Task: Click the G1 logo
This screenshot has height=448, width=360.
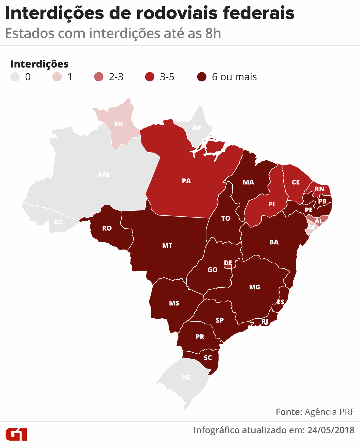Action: tap(16, 434)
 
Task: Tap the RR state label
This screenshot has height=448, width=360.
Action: tap(118, 124)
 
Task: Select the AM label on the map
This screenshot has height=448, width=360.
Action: tap(103, 175)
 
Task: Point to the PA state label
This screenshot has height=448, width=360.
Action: tap(186, 181)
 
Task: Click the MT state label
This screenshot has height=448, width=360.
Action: tap(167, 246)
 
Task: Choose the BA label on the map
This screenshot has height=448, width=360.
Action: tap(274, 242)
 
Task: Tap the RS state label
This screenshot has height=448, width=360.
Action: tap(186, 377)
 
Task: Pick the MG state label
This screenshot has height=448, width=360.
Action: tap(255, 287)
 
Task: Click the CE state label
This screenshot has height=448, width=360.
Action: tap(296, 182)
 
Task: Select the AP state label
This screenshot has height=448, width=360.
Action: tap(196, 128)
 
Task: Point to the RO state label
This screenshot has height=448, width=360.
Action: tap(107, 228)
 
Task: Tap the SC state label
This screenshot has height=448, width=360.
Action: tap(208, 358)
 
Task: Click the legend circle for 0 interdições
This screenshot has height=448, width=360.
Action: tap(15, 77)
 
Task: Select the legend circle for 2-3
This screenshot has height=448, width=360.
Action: tap(99, 77)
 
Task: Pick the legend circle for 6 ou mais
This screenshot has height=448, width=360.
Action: tap(202, 77)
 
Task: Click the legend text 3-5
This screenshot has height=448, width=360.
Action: tap(167, 77)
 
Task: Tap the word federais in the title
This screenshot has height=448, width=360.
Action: tap(258, 13)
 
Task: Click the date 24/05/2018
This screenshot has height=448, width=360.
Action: tap(331, 430)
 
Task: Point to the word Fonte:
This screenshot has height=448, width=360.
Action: tap(289, 412)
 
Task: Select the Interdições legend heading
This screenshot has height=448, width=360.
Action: tap(40, 64)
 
